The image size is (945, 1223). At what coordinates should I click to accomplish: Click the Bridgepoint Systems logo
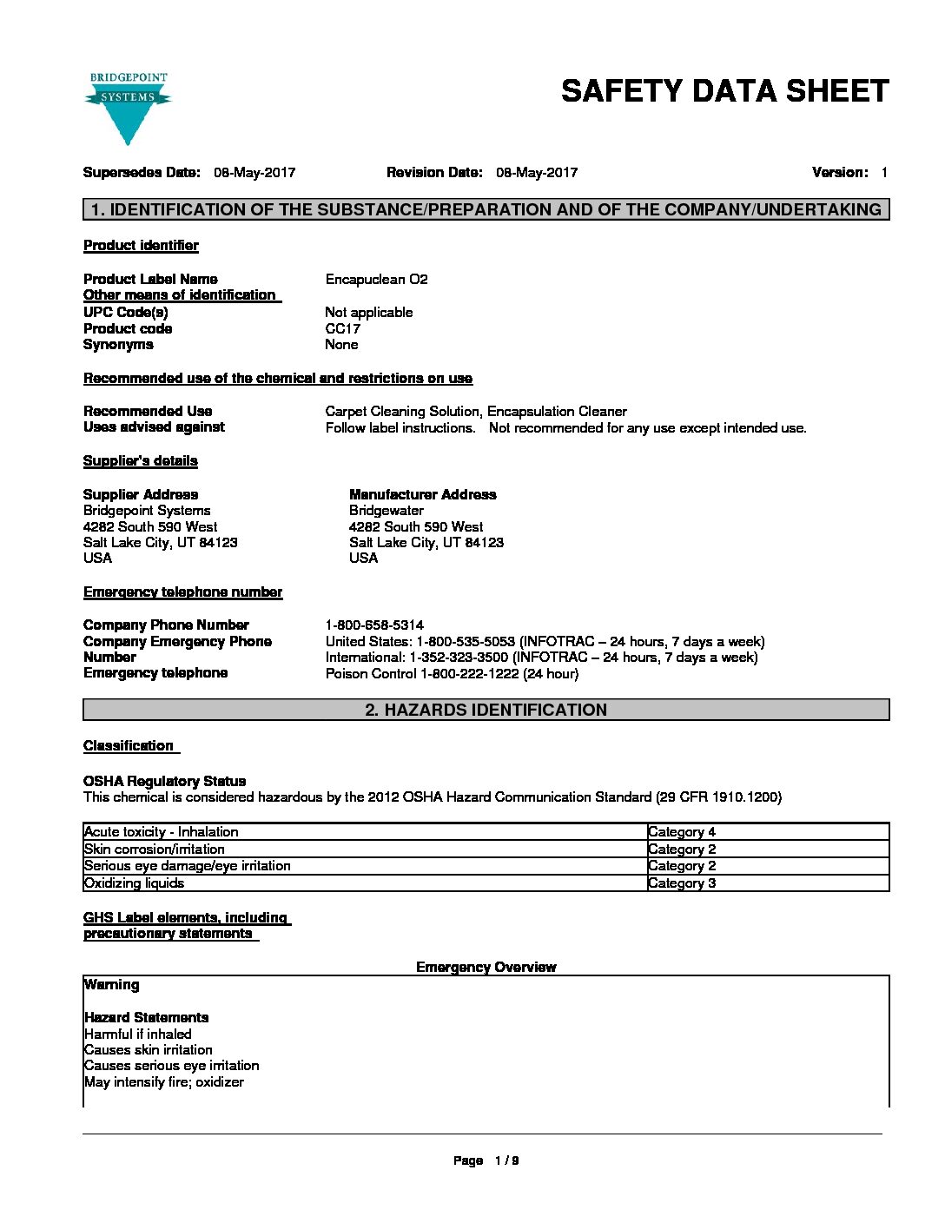(x=128, y=108)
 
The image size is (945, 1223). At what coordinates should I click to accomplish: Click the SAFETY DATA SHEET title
(x=724, y=91)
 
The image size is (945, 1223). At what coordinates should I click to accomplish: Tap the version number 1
(x=884, y=172)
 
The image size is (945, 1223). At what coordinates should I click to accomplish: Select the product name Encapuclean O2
(x=376, y=279)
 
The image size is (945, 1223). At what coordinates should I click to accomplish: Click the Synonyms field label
(x=118, y=345)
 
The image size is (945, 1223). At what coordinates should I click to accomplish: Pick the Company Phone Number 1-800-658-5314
(x=374, y=625)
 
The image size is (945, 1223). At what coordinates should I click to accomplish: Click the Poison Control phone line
(x=452, y=673)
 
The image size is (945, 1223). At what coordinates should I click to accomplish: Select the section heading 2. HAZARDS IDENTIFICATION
(x=486, y=710)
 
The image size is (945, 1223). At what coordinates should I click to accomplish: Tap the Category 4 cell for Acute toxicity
(x=682, y=832)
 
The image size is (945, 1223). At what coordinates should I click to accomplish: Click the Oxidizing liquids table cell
(x=135, y=883)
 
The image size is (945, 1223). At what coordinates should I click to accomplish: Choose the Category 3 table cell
(x=682, y=883)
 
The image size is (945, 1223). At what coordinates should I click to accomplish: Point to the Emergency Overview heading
(x=486, y=967)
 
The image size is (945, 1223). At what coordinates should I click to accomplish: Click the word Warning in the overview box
(x=111, y=985)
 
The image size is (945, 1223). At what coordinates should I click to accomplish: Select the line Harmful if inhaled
(x=137, y=1034)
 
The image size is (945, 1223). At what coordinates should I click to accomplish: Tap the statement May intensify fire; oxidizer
(x=164, y=1082)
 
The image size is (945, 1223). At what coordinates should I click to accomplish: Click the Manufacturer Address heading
(x=422, y=494)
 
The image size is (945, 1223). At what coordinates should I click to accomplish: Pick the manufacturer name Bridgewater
(x=387, y=511)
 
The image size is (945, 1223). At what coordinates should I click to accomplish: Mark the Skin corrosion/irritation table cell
(x=155, y=849)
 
